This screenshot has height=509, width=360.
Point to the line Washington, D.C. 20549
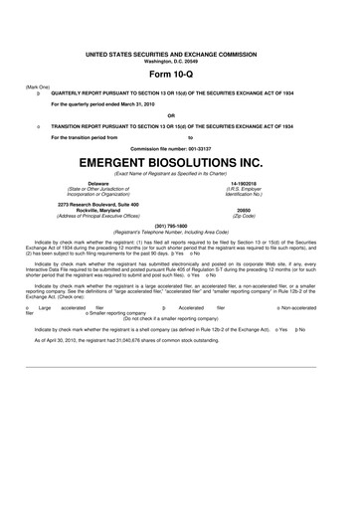[x=180, y=61]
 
